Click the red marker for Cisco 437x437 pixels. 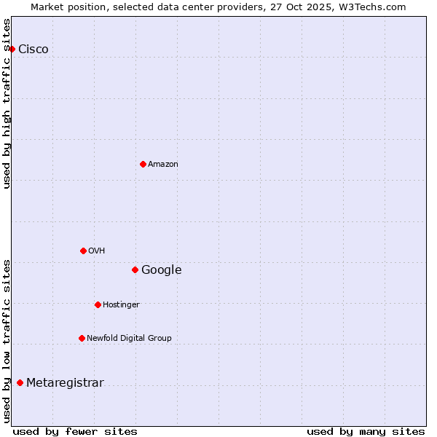coord(12,49)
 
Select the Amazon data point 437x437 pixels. coord(143,164)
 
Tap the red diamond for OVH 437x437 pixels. coord(83,251)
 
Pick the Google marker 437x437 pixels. coord(135,269)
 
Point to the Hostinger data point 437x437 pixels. coord(98,304)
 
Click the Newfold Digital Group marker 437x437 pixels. coord(82,338)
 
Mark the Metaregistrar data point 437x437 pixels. coord(20,383)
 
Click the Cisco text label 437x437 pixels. coord(34,50)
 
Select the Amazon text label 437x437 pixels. coord(163,165)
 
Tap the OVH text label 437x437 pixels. coord(97,251)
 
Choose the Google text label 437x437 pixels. coord(162,270)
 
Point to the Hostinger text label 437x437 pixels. coord(121,305)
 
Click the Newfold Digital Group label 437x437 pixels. coord(130,339)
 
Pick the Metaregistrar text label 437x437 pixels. coord(65,384)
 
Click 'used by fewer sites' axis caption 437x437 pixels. coord(75,432)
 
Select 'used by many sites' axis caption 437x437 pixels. coord(366,432)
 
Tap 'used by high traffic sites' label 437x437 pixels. coord(7,103)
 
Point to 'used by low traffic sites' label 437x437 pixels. coord(7,340)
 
